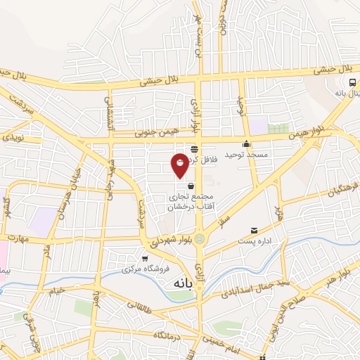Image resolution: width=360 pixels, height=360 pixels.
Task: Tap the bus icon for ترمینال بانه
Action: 333,83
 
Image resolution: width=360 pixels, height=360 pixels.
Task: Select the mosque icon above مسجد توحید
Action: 246,144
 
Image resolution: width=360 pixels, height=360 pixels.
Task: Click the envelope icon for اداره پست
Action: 254,230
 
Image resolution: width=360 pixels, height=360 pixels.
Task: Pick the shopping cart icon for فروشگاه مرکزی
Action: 145,258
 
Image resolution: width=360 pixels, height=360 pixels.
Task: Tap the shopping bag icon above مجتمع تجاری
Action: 191,186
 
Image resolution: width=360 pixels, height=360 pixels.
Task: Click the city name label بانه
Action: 181,282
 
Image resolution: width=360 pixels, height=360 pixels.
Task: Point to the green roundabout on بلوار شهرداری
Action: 200,238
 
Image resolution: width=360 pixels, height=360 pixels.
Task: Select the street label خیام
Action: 56,288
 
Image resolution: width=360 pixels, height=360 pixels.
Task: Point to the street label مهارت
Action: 14,238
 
